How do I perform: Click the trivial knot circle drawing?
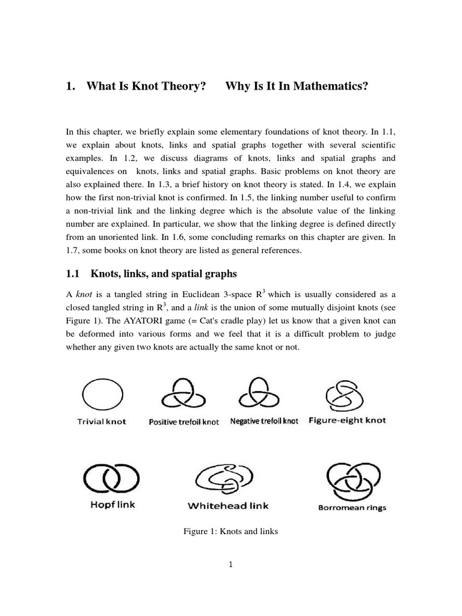102,395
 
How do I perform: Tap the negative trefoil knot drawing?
260,395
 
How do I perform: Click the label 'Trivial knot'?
102,422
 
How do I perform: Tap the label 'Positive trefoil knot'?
183,422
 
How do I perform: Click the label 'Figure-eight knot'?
347,420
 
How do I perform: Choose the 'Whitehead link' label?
225,506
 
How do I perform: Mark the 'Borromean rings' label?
352,507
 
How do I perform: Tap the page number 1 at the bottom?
231,564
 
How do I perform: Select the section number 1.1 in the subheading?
73,274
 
